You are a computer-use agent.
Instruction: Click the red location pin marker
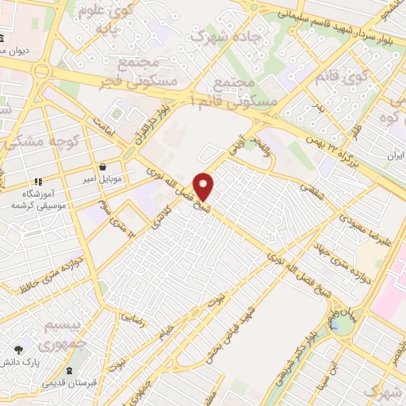[x=205, y=186]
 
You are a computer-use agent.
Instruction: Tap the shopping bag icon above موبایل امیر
[x=105, y=167]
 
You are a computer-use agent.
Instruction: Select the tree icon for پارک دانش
[x=17, y=349]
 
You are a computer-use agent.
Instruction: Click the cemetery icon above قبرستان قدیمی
[x=70, y=371]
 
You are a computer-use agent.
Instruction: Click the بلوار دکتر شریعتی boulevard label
[x=297, y=354]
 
